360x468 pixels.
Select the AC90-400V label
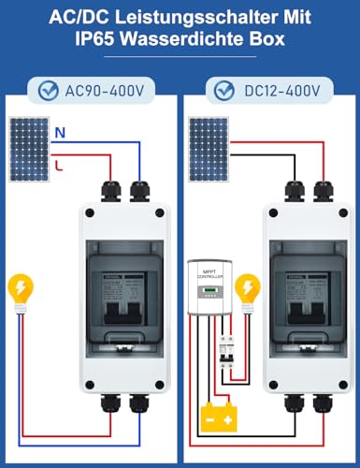[x=104, y=91]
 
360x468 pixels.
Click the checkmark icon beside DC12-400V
[x=223, y=91]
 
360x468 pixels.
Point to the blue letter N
[x=59, y=132]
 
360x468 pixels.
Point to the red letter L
[x=59, y=165]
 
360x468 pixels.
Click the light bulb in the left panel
[x=20, y=289]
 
